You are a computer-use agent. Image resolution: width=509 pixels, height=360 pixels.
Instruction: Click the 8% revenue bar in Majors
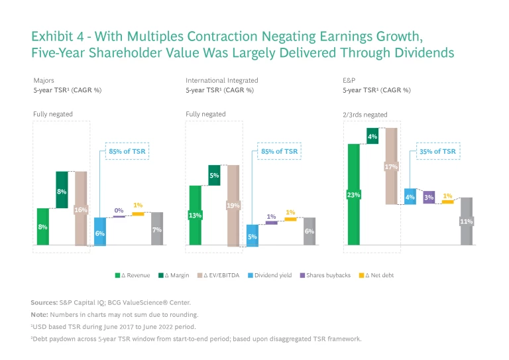pos(43,227)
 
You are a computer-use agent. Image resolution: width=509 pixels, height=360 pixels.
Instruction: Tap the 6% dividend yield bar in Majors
pos(100,231)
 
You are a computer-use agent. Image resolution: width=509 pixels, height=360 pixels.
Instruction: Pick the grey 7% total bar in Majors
pos(157,229)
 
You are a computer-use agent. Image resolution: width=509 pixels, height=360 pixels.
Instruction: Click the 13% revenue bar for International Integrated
pos(195,215)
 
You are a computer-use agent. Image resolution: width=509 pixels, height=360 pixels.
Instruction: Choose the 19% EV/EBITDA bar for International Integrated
pos(233,206)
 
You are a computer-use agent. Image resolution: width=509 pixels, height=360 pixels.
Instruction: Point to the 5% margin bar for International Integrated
pos(214,175)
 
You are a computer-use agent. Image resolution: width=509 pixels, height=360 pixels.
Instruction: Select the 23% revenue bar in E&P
pos(353,194)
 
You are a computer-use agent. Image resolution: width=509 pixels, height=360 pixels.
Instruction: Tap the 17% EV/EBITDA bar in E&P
pos(391,166)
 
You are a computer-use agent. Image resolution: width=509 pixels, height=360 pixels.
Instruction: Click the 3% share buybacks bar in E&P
pos(429,197)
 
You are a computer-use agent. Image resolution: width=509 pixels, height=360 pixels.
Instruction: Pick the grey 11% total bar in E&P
pos(467,221)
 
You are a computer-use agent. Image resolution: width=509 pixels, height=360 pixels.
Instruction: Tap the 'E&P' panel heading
pos(347,80)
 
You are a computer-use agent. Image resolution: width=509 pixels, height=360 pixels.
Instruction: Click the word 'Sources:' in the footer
pos(44,302)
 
